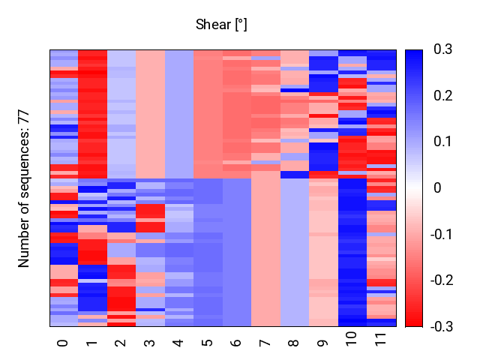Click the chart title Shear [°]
point(221,25)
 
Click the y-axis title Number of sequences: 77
point(23,190)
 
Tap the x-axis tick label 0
point(63,343)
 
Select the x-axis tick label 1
point(91,343)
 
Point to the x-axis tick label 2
point(120,343)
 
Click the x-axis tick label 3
point(149,343)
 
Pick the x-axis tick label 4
point(178,343)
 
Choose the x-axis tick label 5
point(207,343)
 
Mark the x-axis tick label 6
point(235,343)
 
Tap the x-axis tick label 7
point(265,343)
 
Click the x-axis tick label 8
point(293,343)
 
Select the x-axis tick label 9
point(322,343)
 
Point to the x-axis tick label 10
point(351,338)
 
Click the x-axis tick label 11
point(380,339)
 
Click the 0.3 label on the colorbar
point(443,49)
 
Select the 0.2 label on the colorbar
point(443,96)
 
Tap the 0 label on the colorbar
point(438,188)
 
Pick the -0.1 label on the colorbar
point(441,235)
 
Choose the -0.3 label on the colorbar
point(442,327)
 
